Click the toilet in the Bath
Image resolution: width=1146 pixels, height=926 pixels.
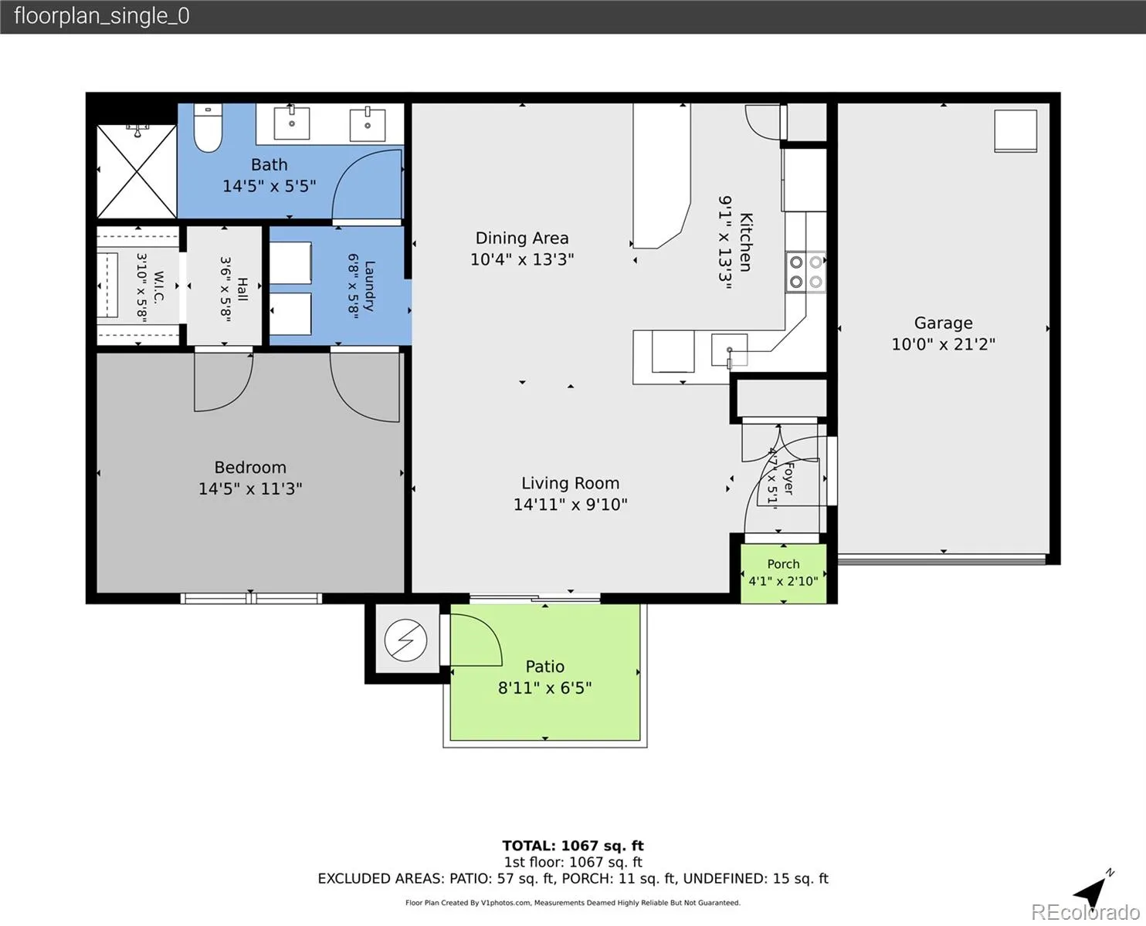208,128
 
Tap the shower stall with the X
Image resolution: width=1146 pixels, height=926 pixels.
137,171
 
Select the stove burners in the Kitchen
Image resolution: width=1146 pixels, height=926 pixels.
805,272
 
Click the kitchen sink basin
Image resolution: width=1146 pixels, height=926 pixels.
729,350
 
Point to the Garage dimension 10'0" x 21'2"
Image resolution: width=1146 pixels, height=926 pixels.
943,344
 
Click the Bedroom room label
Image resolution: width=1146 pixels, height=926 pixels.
250,467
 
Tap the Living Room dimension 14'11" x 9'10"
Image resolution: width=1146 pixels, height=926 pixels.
571,505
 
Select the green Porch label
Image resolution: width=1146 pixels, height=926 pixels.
783,564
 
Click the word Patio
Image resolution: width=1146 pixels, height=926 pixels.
545,667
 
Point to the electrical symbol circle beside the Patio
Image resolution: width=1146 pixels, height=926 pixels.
405,640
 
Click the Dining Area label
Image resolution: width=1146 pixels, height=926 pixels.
522,238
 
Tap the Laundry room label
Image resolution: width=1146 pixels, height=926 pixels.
370,286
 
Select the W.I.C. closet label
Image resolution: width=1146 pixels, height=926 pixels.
159,288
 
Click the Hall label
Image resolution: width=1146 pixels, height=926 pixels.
242,289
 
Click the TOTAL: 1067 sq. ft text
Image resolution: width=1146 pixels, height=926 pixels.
573,846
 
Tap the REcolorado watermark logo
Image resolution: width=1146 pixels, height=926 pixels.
1085,912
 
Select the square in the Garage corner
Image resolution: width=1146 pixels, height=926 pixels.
1015,131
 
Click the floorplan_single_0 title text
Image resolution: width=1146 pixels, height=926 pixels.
102,16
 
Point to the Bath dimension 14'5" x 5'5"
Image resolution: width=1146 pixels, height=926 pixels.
270,186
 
